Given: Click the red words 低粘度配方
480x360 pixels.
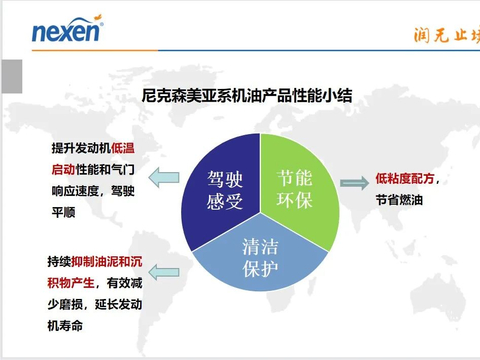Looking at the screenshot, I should (404, 179).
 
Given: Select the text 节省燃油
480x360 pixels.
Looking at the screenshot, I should (398, 201).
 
